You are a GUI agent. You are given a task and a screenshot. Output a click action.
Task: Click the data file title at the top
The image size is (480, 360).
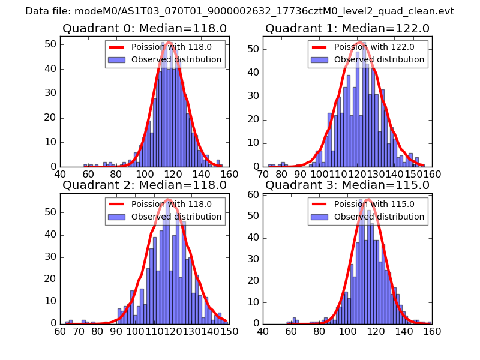tap(239, 11)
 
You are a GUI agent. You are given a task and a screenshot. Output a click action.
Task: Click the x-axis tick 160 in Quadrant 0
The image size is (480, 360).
tap(229, 174)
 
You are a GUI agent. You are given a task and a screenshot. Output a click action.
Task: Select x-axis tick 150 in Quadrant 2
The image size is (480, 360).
tap(226, 331)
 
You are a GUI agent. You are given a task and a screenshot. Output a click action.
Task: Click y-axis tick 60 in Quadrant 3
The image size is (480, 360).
tap(253, 195)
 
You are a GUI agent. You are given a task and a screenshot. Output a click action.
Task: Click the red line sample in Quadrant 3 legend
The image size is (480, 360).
tap(320, 205)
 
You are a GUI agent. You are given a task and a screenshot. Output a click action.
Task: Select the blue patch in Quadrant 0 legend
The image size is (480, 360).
tap(117, 60)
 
